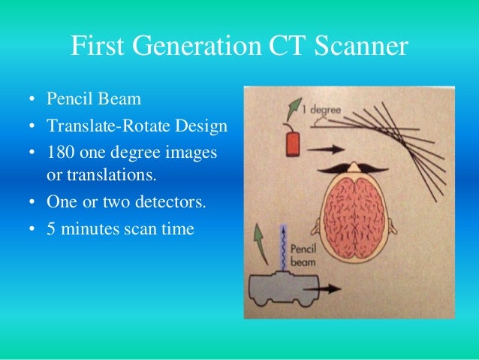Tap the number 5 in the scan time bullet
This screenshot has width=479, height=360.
point(51,228)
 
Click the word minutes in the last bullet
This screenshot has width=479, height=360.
point(92,228)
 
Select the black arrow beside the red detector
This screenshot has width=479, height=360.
point(324,150)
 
